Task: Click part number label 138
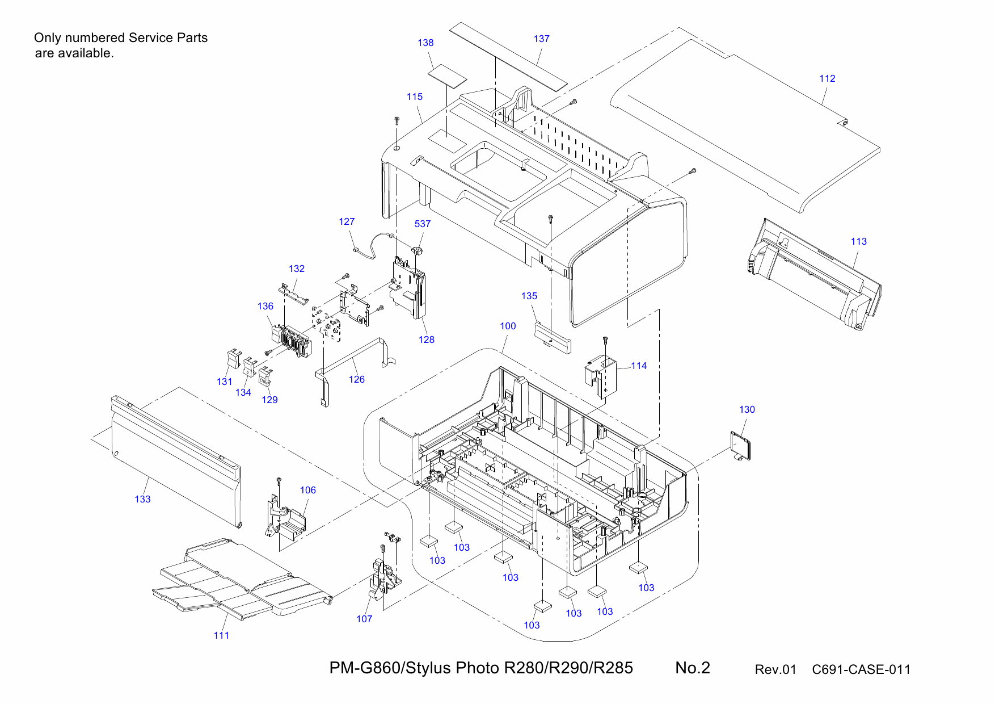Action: pyautogui.click(x=425, y=43)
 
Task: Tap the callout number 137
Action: pyautogui.click(x=541, y=39)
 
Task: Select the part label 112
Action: pyautogui.click(x=827, y=78)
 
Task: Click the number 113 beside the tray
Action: pyautogui.click(x=858, y=241)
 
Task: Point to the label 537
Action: pyautogui.click(x=422, y=224)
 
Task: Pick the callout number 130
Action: pyautogui.click(x=747, y=409)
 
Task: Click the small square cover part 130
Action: pyautogui.click(x=741, y=446)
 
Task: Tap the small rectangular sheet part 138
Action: pyautogui.click(x=447, y=77)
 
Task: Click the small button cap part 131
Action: pyautogui.click(x=232, y=359)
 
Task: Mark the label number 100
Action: pyautogui.click(x=508, y=326)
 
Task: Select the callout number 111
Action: pyautogui.click(x=221, y=635)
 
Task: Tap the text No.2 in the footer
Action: pyautogui.click(x=692, y=668)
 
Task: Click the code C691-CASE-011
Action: pyautogui.click(x=861, y=669)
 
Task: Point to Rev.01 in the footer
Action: pyautogui.click(x=775, y=669)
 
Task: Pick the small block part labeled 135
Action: pyautogui.click(x=553, y=337)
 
